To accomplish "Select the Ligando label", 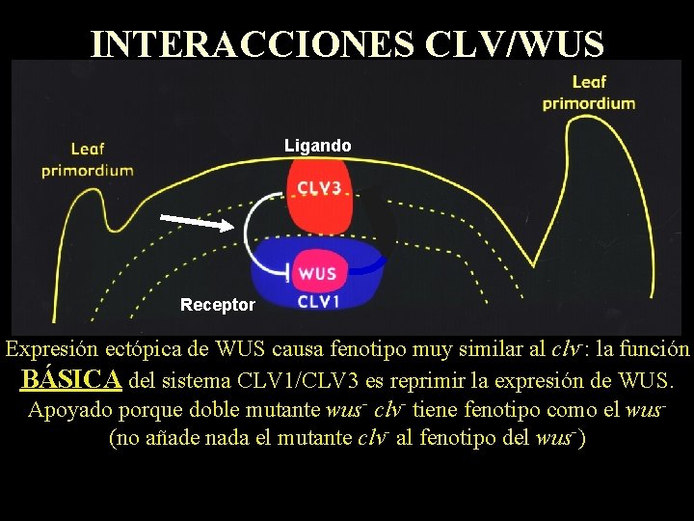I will coord(317,146).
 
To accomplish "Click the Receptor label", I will coord(218,305).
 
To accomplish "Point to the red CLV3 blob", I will coord(318,193).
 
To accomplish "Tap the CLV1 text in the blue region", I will coord(318,301).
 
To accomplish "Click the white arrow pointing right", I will coord(198,223).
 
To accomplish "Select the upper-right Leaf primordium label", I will coord(588,93).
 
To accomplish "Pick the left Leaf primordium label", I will coord(87,159).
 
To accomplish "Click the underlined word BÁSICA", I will coord(71,379).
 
